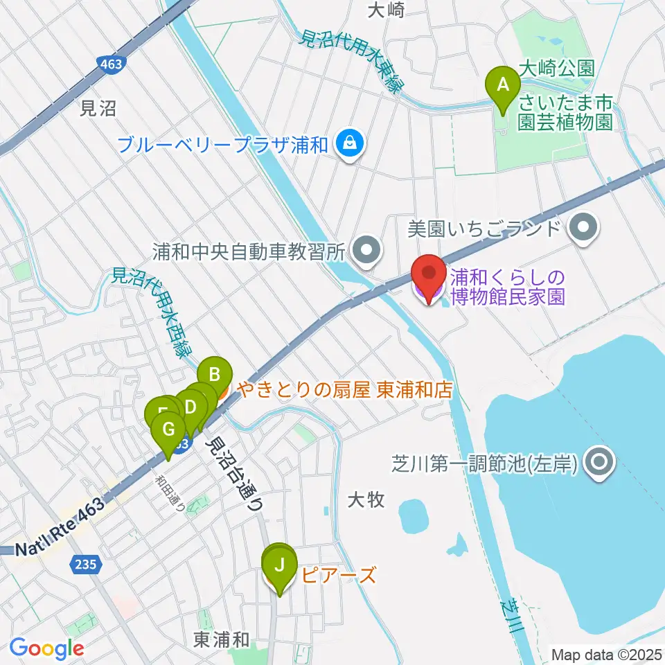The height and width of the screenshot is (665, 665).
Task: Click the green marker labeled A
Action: pos(504,85)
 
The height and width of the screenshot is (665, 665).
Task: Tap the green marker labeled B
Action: pos(215,376)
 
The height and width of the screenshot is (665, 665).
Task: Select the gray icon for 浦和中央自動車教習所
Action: pos(367,251)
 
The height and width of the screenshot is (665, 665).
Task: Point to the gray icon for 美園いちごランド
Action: pos(583,227)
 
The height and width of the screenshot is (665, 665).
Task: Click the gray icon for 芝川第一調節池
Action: pos(598,461)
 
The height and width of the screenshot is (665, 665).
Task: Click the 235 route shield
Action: pos(84,565)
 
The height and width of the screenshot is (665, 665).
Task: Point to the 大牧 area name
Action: pos(366,499)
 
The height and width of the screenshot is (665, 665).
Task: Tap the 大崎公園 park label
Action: pos(557,69)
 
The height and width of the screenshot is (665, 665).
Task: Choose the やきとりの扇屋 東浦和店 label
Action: pos(344,390)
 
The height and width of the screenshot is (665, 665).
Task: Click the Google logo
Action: pos(46,648)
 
